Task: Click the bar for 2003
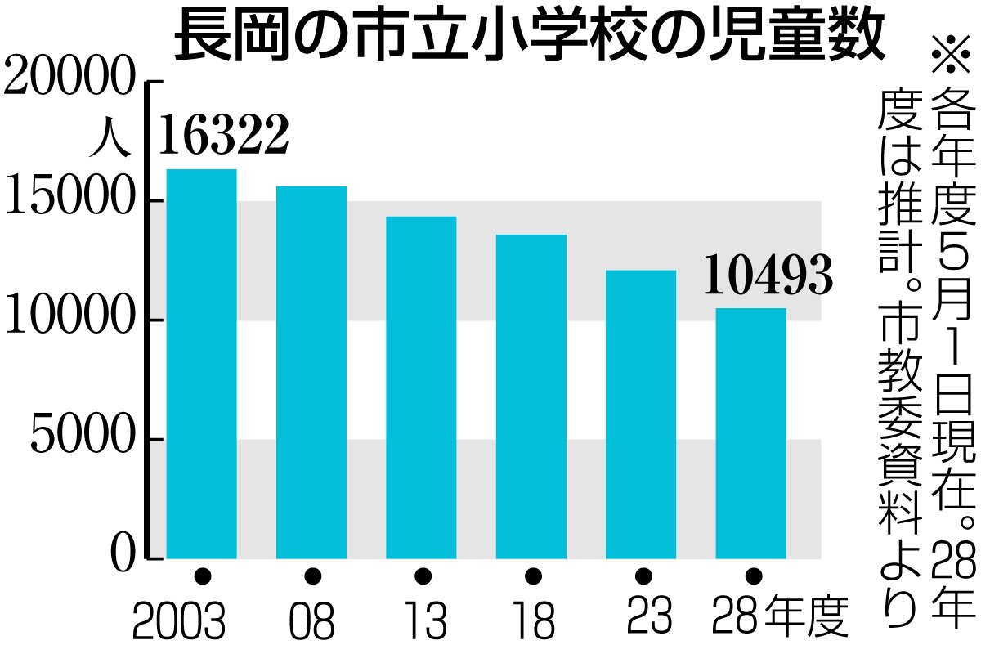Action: (201, 364)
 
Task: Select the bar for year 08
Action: (311, 372)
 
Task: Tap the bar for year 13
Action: (421, 387)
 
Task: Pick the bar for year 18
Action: (531, 396)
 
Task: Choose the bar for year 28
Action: (750, 433)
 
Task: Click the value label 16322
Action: (223, 135)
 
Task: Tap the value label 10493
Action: (768, 275)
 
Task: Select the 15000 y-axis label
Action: (69, 200)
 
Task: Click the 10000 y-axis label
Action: (69, 320)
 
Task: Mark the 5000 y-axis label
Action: (82, 439)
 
